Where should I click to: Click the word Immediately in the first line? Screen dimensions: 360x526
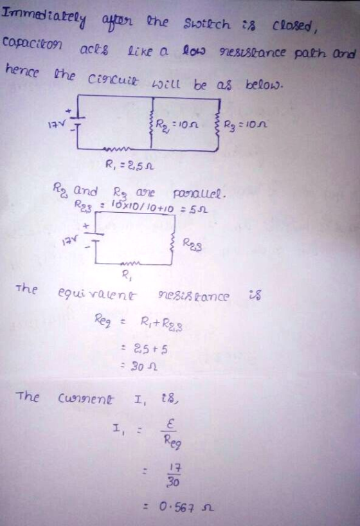pyautogui.click(x=44, y=17)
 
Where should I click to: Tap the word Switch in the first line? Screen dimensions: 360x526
pyautogui.click(x=207, y=24)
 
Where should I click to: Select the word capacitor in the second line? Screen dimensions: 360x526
pyautogui.click(x=32, y=44)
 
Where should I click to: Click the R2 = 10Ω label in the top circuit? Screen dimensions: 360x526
pyautogui.click(x=177, y=125)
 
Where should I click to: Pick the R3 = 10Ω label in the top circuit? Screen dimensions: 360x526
pyautogui.click(x=246, y=125)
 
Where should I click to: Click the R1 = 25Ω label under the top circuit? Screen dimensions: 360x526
pyautogui.click(x=129, y=165)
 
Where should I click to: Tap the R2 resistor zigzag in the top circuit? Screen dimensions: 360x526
pyautogui.click(x=152, y=123)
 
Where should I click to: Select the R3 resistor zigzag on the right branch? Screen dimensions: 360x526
pyautogui.click(x=219, y=123)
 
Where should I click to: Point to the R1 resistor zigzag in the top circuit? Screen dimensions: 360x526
pyautogui.click(x=116, y=149)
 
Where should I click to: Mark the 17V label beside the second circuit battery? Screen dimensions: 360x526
pyautogui.click(x=70, y=240)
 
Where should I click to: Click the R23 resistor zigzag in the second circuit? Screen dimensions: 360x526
pyautogui.click(x=174, y=244)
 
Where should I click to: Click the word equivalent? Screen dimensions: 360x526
pyautogui.click(x=97, y=295)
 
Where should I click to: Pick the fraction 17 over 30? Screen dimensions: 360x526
pyautogui.click(x=174, y=475)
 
